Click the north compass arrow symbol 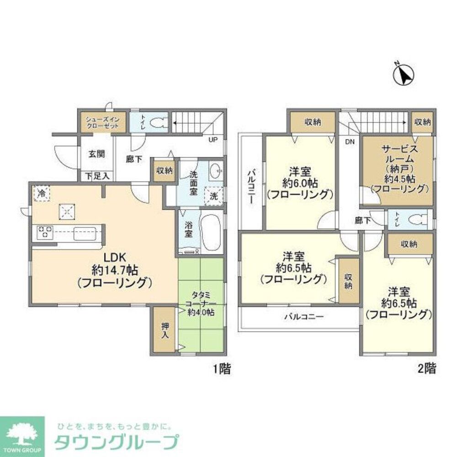coord(403,74)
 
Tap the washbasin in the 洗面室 coord(214,171)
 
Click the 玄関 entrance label coord(96,154)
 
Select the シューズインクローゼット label coord(102,122)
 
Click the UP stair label coord(213,140)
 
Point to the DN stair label coord(350,142)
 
